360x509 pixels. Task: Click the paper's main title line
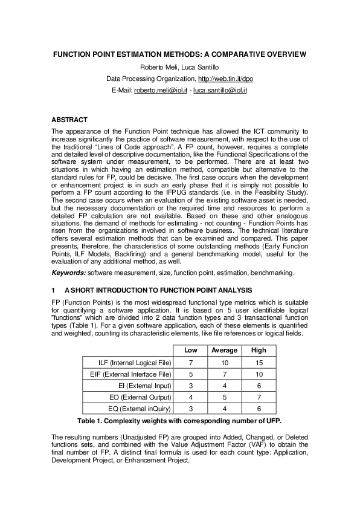click(x=179, y=54)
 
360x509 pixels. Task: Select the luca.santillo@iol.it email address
click(x=220, y=90)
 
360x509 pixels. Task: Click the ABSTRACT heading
click(x=69, y=120)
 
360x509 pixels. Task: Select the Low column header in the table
click(x=190, y=351)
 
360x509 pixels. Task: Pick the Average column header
click(x=224, y=351)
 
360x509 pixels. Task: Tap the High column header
click(x=258, y=351)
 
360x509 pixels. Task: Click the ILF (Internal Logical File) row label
click(x=135, y=362)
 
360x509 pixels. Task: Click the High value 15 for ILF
click(x=258, y=362)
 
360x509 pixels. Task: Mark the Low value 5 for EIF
click(x=190, y=374)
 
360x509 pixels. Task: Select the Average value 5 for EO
click(x=224, y=397)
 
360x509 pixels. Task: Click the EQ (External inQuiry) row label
click(x=136, y=409)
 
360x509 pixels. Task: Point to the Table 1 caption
click(x=179, y=421)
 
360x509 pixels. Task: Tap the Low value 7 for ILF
click(x=190, y=362)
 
